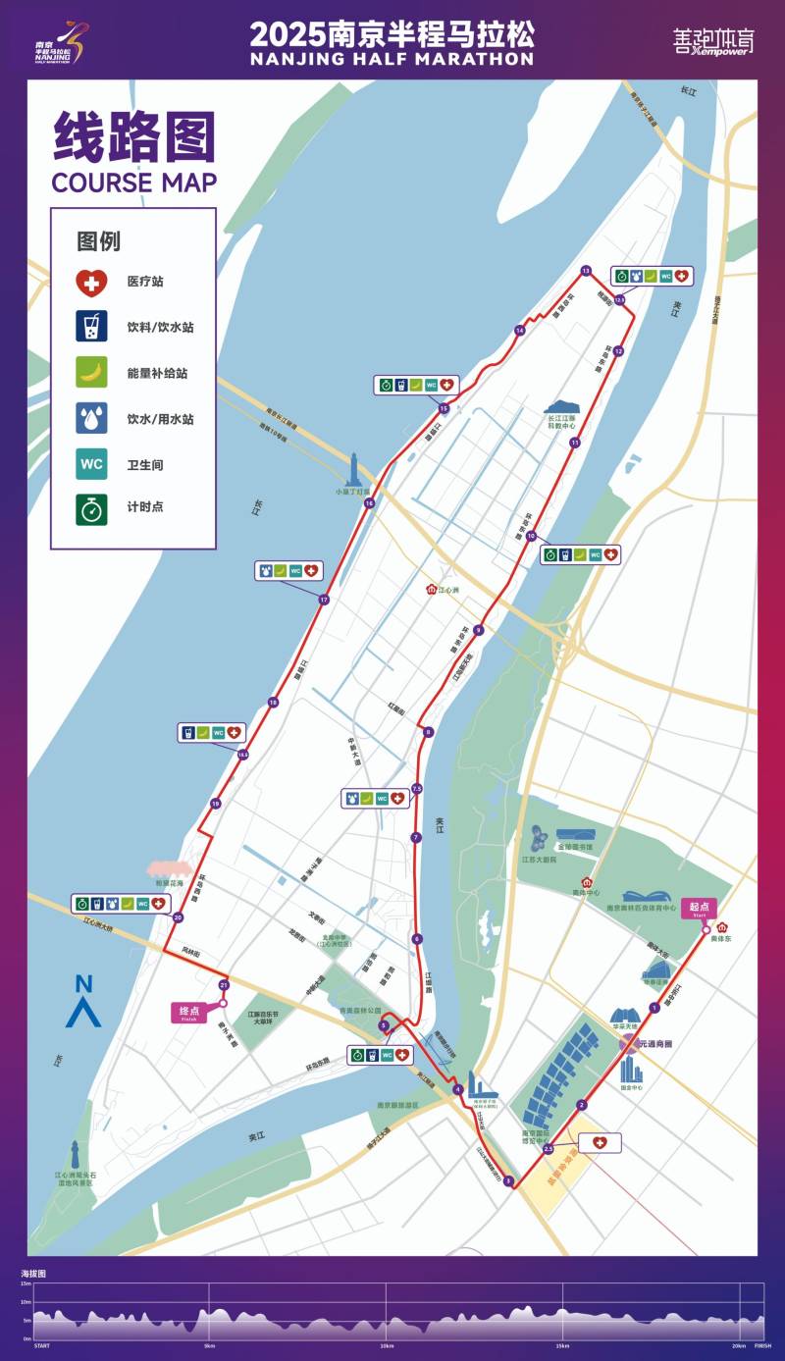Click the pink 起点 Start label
coord(700,908)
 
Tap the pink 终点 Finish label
coord(190,1012)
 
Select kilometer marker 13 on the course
coord(586,270)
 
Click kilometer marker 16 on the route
coord(369,503)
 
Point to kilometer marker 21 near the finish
coord(224,984)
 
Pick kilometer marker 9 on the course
coord(479,630)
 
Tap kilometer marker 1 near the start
coord(654,1008)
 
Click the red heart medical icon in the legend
coord(91,282)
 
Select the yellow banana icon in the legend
coord(91,373)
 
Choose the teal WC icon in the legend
coord(91,464)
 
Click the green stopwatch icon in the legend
coord(91,510)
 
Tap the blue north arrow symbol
coord(83,1001)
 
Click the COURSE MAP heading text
coord(133,183)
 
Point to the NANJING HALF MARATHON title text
coord(392,59)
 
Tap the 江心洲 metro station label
coord(444,590)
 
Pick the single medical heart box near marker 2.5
coord(600,1143)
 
